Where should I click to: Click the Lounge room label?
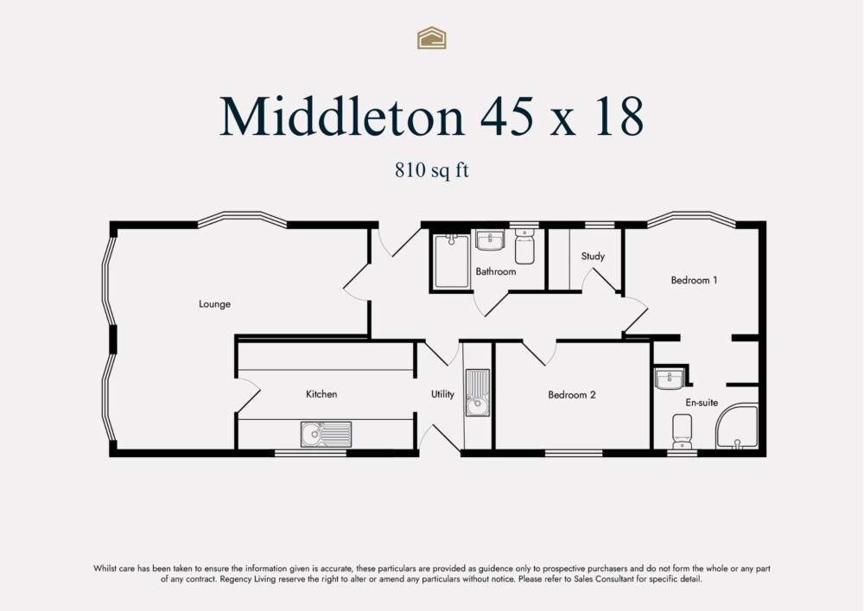214,304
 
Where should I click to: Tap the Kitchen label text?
321,394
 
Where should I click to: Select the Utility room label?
442,394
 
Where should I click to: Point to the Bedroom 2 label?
572,395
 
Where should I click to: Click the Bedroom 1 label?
695,280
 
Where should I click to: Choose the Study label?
593,256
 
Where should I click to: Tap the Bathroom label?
496,271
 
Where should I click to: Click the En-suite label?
702,402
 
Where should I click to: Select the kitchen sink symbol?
327,434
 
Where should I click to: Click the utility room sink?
477,393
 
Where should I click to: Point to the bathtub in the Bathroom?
451,260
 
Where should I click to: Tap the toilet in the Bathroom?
524,247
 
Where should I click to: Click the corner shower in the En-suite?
738,429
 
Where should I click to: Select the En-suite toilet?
682,430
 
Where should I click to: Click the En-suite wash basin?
670,379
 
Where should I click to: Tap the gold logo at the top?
431,37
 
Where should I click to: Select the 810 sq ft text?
431,170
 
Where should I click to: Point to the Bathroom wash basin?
491,239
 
